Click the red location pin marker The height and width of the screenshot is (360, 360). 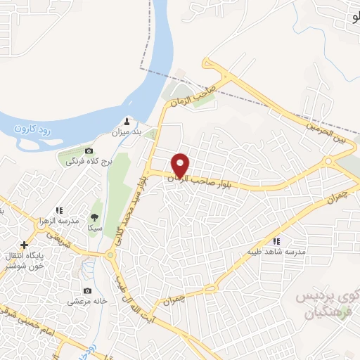pos(181,166)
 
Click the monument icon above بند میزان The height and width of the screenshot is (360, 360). pos(127,120)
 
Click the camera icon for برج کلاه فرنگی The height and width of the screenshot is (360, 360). pos(89,151)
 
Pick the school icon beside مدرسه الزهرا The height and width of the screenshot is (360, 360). pos(60,210)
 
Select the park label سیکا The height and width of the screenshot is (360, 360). pos(95,228)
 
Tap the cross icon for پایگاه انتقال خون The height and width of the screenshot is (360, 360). pos(25,245)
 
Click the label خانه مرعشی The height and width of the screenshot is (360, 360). pos(86,302)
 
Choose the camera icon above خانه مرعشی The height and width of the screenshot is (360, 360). pos(87,290)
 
